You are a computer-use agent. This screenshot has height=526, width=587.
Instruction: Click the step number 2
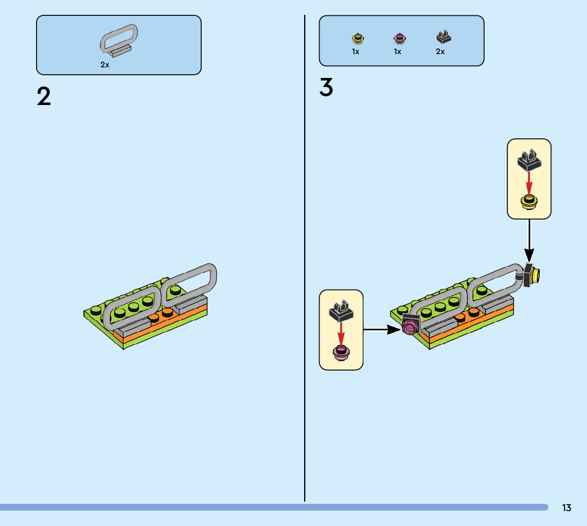pyautogui.click(x=44, y=97)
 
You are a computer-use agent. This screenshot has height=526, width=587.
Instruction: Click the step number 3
pyautogui.click(x=326, y=88)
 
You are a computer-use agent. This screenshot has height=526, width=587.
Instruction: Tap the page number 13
pyautogui.click(x=567, y=508)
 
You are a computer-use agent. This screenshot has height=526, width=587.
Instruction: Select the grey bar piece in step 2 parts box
pyautogui.click(x=119, y=40)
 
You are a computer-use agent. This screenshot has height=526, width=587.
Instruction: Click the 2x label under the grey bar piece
pyautogui.click(x=105, y=65)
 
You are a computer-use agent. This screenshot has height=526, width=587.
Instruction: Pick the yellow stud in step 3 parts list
pyautogui.click(x=357, y=38)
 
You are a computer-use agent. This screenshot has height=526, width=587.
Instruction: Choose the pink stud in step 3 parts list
pyautogui.click(x=399, y=38)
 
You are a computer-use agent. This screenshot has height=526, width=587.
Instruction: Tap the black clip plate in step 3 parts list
pyautogui.click(x=443, y=38)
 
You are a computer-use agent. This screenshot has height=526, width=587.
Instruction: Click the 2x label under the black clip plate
pyautogui.click(x=440, y=52)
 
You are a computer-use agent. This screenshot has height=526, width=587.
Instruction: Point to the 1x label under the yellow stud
pyautogui.click(x=356, y=52)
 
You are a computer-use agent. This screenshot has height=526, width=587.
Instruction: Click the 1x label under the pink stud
pyautogui.click(x=398, y=52)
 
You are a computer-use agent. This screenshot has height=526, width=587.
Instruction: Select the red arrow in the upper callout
pyautogui.click(x=529, y=183)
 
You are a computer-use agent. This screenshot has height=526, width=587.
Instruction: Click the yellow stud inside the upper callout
pyautogui.click(x=529, y=203)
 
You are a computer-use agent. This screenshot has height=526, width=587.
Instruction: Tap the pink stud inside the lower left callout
pyautogui.click(x=341, y=352)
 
